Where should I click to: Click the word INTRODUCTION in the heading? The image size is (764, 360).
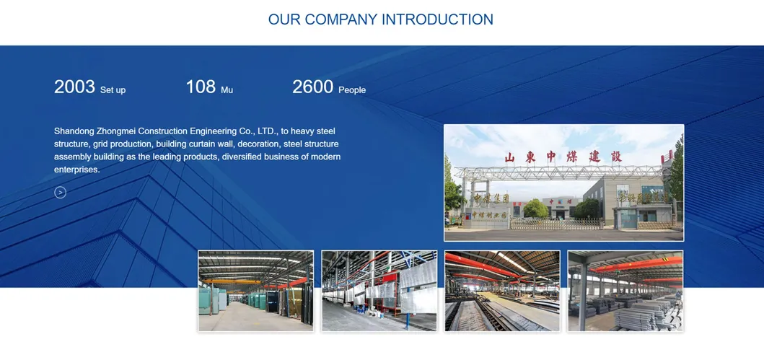tap(437, 19)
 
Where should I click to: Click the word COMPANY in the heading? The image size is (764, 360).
tap(341, 19)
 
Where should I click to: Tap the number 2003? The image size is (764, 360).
tap(74, 87)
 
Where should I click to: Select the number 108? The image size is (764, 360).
tap(201, 87)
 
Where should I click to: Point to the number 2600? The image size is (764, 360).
tap(312, 87)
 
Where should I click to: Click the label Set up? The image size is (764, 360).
tap(113, 90)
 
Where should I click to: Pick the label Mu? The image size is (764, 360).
tap(227, 90)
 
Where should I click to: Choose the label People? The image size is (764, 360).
tap(352, 90)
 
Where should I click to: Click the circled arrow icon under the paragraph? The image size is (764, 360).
tap(61, 192)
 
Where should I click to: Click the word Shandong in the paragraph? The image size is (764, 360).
tap(75, 131)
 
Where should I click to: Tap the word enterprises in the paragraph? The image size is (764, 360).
tap(76, 170)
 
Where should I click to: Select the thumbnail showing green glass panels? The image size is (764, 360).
tap(255, 291)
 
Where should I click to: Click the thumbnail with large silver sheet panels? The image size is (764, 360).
tap(379, 291)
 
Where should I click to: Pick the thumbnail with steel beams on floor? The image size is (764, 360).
tap(502, 291)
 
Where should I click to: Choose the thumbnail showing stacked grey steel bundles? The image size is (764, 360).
tap(625, 291)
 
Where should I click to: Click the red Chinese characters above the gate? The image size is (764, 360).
tap(563, 157)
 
